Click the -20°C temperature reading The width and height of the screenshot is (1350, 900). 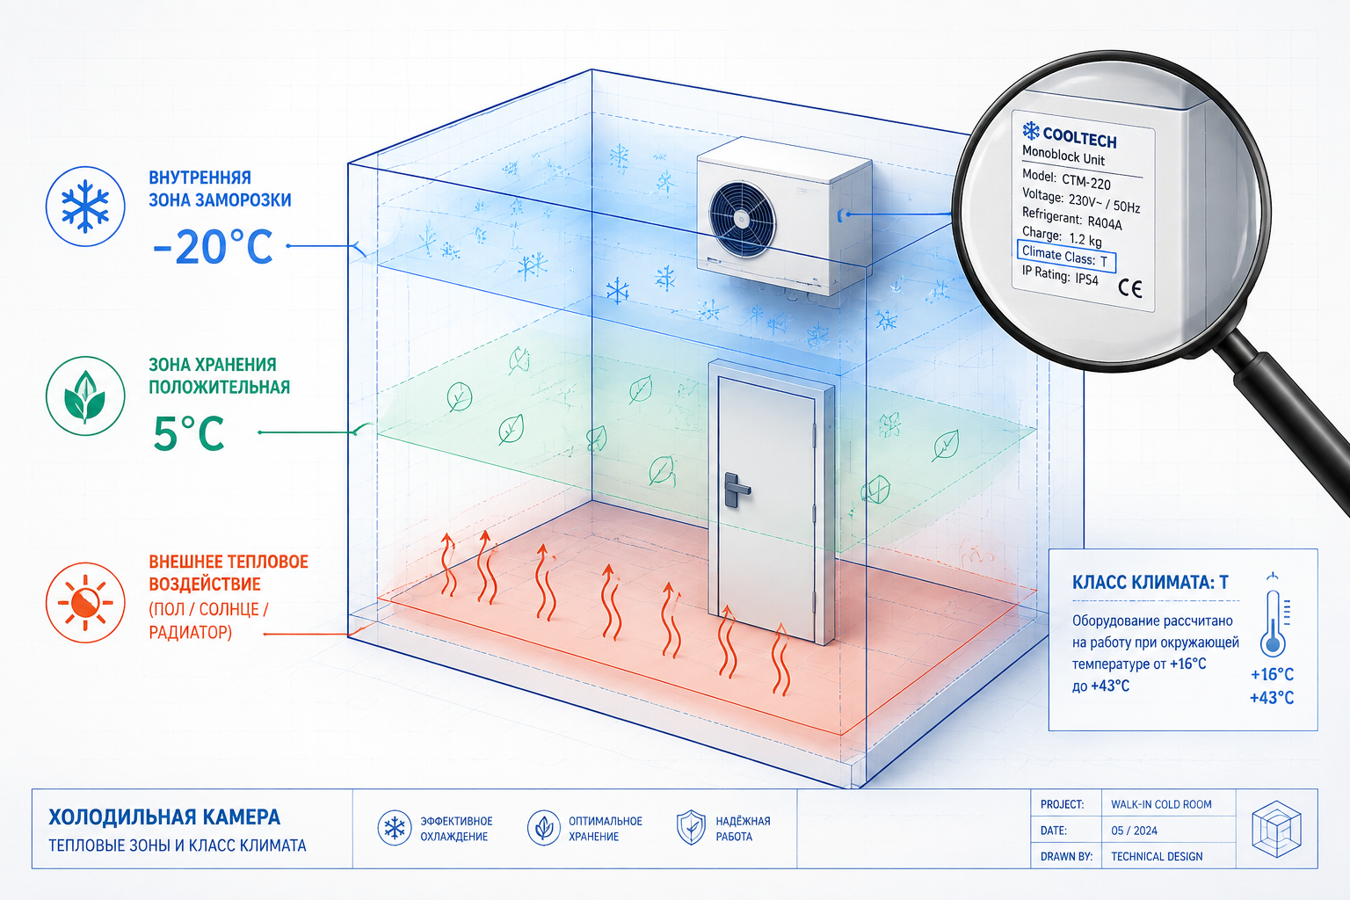coord(212,247)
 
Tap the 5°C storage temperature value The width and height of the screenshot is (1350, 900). coord(189,433)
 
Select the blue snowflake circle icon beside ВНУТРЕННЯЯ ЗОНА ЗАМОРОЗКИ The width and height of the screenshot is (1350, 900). coord(85,207)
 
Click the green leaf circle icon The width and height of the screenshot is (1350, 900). coord(85,396)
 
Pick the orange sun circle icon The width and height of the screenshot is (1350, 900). coord(85,602)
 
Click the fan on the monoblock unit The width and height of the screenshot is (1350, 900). coord(742,220)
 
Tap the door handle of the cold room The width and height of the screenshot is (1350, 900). coord(737,490)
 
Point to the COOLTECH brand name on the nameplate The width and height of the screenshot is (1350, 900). coord(1078,138)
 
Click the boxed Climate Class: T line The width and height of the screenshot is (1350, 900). coord(1066,256)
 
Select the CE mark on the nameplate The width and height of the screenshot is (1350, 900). coord(1130,288)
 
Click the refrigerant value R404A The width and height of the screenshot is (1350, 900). coord(1105,221)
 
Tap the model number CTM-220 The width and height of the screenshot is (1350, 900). coord(1086,181)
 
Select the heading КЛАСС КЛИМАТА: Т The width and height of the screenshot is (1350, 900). coord(1150,583)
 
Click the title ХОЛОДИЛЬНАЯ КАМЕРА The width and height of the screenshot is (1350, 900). coord(164,817)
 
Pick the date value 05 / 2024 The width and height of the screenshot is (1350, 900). coord(1135,831)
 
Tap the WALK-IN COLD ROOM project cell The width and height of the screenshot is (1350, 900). coord(1161,804)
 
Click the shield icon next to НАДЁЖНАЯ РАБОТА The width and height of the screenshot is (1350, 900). coord(691,828)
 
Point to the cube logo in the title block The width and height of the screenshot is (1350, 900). coord(1276,829)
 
